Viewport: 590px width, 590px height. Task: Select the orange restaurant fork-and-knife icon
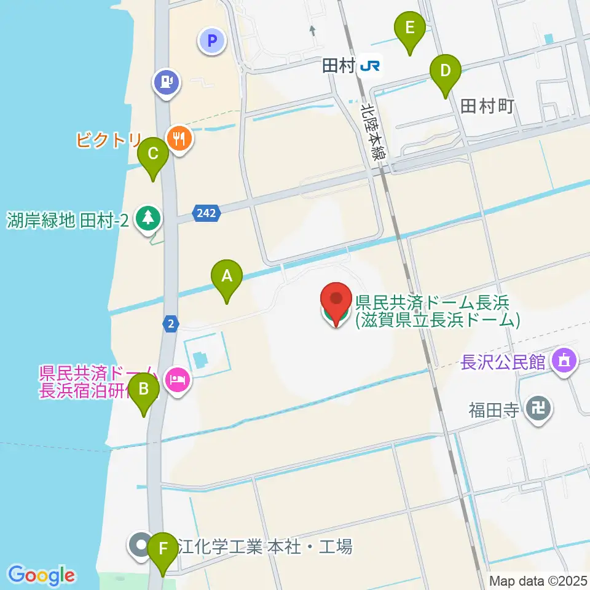[178, 138]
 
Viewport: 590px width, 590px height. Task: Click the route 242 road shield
[206, 213]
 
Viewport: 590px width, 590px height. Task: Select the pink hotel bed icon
[178, 380]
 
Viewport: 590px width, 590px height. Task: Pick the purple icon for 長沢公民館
[564, 359]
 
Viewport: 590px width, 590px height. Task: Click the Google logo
[41, 575]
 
